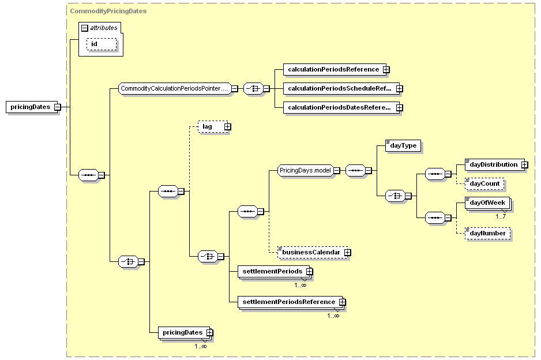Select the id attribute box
click(102, 44)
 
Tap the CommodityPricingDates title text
click(108, 11)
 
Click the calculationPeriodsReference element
click(336, 69)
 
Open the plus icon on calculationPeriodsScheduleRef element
click(399, 89)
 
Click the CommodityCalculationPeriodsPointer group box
click(177, 89)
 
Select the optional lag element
click(214, 127)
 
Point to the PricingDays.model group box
click(309, 171)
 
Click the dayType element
click(403, 145)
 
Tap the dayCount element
click(484, 184)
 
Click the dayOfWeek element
click(487, 203)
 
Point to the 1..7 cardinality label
click(500, 217)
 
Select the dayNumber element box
click(487, 233)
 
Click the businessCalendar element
click(314, 252)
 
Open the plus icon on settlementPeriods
click(309, 272)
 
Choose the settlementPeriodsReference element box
click(291, 302)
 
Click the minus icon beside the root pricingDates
click(57, 107)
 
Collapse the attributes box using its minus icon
click(85, 28)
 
